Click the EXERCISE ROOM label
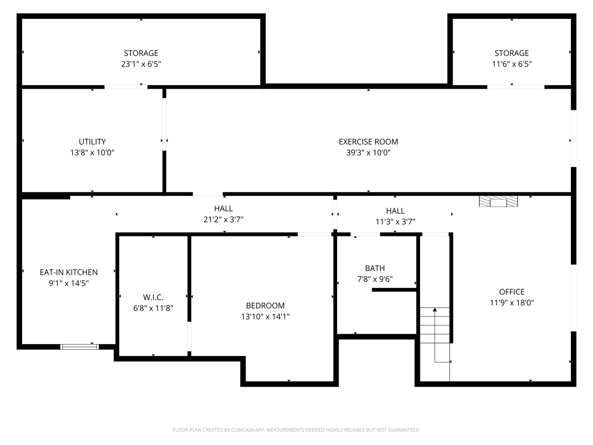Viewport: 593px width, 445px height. coord(368,141)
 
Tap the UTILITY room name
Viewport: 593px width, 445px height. coord(92,141)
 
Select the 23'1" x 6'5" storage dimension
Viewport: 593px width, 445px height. coord(141,64)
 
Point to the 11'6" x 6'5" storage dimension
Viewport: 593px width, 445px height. coord(511,64)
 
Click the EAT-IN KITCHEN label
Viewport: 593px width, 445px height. coord(69,272)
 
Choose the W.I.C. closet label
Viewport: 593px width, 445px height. coord(153,297)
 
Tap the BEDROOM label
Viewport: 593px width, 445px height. coord(265,305)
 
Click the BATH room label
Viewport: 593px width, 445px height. coord(375,268)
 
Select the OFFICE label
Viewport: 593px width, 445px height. coord(511,292)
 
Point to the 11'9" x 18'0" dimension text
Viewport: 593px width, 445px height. coord(511,303)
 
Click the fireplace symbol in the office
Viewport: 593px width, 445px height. coord(498,202)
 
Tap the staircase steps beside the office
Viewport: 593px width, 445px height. coord(435,325)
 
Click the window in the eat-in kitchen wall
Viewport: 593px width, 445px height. coord(80,347)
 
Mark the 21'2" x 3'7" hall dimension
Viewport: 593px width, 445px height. coord(223,220)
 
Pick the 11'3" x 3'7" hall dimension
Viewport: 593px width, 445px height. coord(395,222)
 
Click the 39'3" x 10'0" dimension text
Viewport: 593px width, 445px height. coord(368,153)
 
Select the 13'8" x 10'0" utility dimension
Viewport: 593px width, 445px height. coord(92,153)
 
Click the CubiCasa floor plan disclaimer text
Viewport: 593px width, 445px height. coord(296,430)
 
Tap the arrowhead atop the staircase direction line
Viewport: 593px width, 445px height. coord(435,310)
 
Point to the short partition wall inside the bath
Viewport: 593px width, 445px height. coord(394,290)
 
